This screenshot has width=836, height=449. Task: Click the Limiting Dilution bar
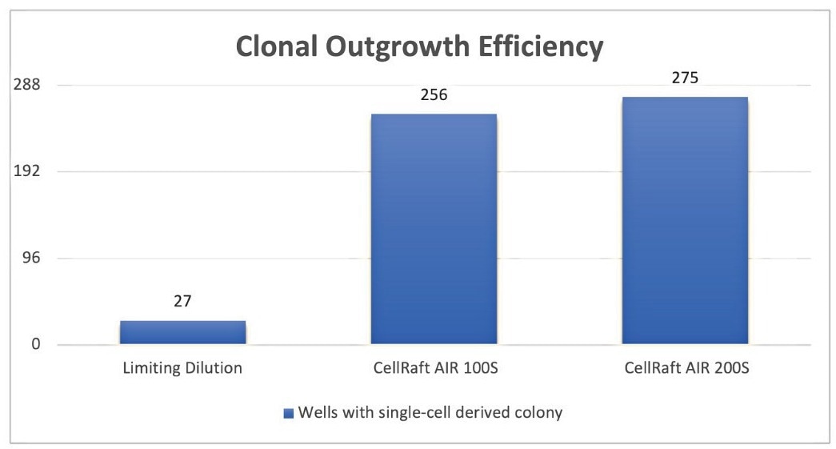[x=182, y=332]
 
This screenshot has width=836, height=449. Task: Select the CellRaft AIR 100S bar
[x=433, y=229]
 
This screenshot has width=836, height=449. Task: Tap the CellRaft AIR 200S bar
[x=684, y=221]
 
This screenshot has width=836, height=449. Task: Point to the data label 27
[x=182, y=302]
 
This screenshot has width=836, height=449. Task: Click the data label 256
[x=433, y=94]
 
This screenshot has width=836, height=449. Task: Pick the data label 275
[x=684, y=78]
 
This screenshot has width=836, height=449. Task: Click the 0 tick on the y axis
[x=34, y=345]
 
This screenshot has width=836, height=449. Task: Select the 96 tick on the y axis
[x=30, y=259]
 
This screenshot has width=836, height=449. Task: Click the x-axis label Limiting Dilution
[x=182, y=369]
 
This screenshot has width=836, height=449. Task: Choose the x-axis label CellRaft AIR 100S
[x=433, y=369]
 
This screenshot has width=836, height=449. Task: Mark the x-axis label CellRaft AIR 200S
[x=684, y=369]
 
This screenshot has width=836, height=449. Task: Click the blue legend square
[x=289, y=414]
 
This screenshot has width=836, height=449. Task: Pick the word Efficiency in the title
[x=544, y=47]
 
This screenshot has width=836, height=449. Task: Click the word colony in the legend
[x=541, y=414]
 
